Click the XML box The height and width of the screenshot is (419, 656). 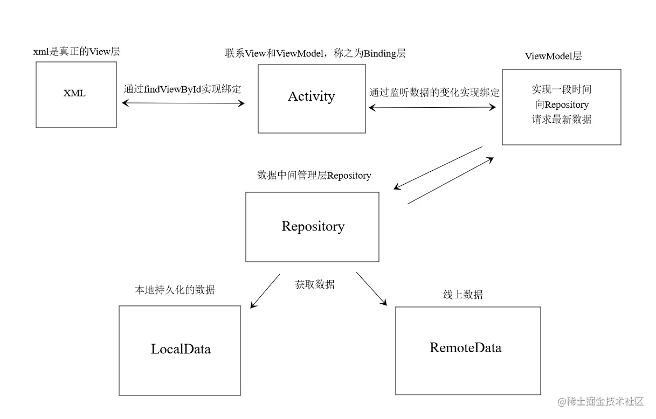[76, 95]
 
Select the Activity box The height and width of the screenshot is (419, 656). [312, 99]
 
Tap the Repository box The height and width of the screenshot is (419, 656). [312, 227]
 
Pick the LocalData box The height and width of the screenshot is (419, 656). [179, 350]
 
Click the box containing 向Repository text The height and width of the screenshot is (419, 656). [561, 107]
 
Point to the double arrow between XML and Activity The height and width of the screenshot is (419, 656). [183, 103]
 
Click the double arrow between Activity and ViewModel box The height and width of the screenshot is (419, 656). [432, 108]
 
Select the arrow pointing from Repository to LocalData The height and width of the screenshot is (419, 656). [265, 291]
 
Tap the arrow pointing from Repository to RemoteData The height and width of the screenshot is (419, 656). [371, 289]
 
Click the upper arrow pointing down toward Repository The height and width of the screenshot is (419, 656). [438, 167]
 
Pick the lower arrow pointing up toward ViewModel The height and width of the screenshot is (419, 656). [451, 181]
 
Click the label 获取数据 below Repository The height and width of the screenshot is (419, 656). [315, 284]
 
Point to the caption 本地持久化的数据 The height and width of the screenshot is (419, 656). [174, 290]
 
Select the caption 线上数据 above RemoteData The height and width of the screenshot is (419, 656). [462, 295]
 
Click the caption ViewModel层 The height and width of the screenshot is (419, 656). [553, 56]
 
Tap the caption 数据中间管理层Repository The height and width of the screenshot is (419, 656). [314, 176]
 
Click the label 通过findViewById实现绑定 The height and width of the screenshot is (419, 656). [182, 89]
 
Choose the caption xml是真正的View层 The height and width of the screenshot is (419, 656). [77, 52]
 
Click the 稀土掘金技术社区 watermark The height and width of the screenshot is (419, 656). [601, 401]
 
